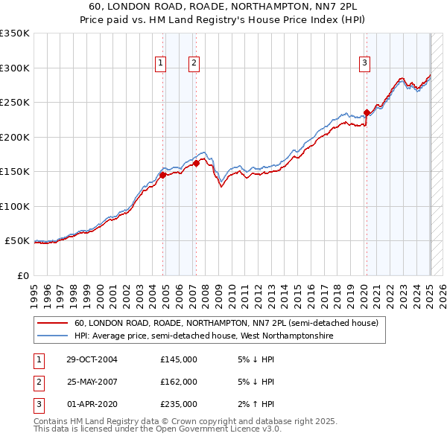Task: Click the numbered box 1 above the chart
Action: (x=160, y=64)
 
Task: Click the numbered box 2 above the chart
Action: (x=193, y=64)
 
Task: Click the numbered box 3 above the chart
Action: (x=364, y=64)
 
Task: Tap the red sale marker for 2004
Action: (x=162, y=175)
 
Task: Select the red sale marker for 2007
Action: (x=196, y=163)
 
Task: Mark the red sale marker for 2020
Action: (x=367, y=113)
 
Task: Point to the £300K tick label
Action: (x=15, y=68)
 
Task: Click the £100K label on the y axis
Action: (x=15, y=206)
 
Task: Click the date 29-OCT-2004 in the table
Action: (x=92, y=359)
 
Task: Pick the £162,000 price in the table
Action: (x=179, y=382)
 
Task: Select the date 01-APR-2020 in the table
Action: (x=92, y=405)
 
